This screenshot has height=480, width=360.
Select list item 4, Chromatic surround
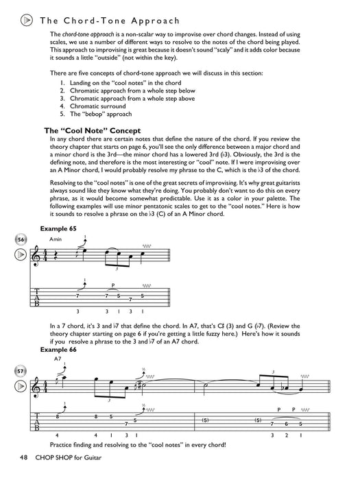tap(103, 106)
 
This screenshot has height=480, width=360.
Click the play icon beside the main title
tap(25, 21)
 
